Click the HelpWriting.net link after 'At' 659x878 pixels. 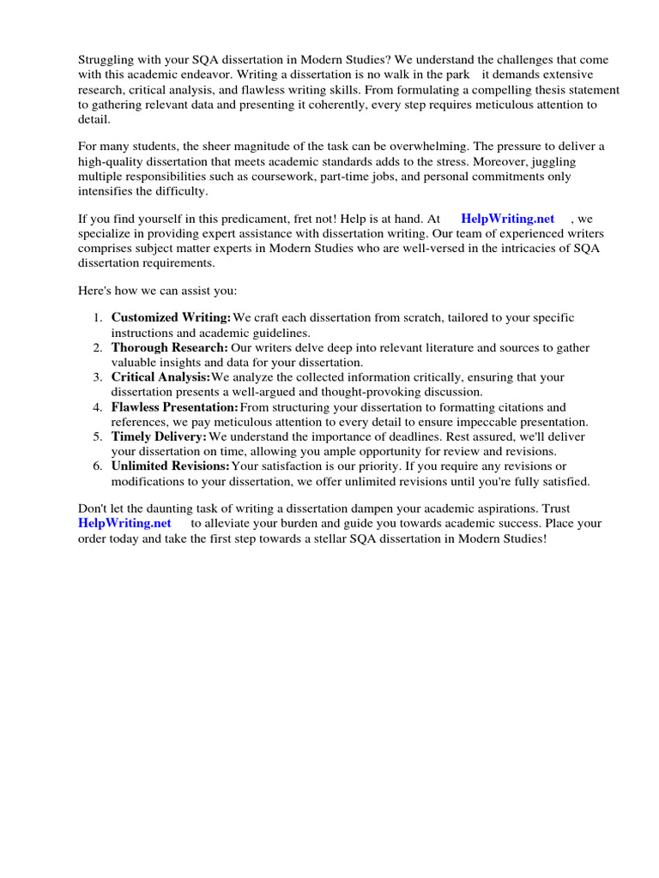coord(507,219)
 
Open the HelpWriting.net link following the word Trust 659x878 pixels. coord(124,522)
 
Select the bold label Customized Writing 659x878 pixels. coord(171,317)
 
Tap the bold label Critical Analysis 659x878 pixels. coord(160,377)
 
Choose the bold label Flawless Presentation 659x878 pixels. coord(174,407)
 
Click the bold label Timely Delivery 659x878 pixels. coord(159,437)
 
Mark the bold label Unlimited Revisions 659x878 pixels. coord(171,466)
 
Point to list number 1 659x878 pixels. coord(98,317)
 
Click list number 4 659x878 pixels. coord(98,407)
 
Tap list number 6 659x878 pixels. coord(98,466)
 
